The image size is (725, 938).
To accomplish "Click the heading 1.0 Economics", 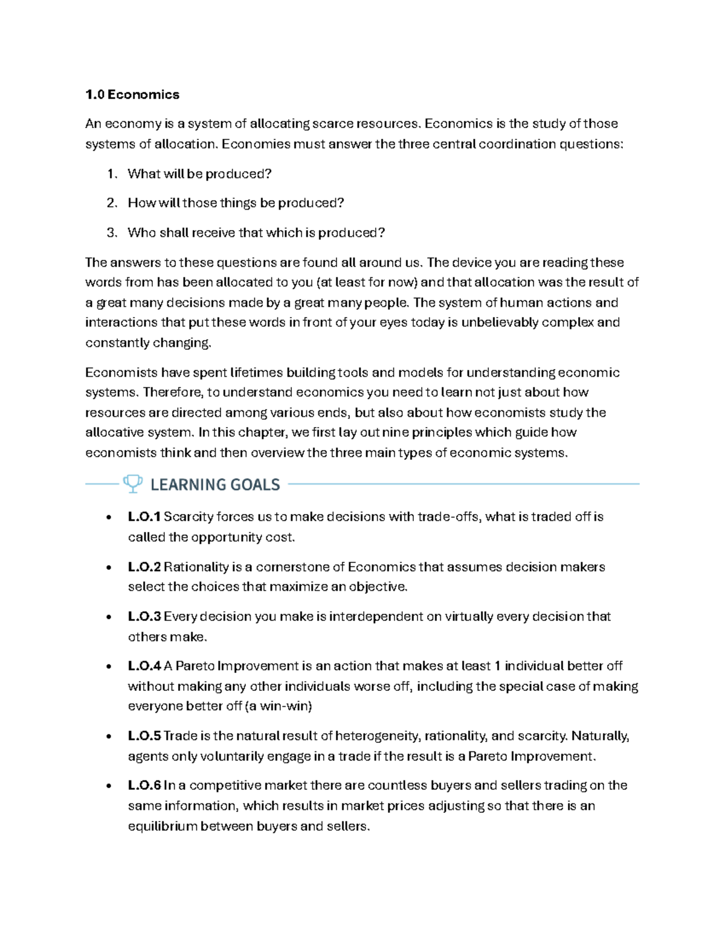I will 132,94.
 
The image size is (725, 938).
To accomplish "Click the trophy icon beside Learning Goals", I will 132,483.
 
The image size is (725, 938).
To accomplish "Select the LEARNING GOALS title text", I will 215,484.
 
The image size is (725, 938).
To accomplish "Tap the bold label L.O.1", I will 144,517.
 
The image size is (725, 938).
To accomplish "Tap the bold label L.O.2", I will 144,567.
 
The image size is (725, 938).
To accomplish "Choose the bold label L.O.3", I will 144,617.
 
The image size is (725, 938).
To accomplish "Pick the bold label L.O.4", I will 144,666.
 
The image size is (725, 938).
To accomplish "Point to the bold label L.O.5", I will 144,736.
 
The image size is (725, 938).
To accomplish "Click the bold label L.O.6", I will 144,786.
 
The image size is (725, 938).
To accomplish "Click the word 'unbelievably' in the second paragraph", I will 500,323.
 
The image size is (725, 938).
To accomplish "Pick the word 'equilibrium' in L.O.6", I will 163,826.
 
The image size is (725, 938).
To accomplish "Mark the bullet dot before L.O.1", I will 108,518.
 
